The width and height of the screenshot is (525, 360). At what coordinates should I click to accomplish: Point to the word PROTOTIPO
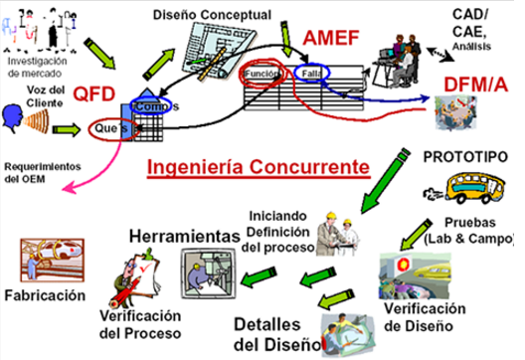coord(464,157)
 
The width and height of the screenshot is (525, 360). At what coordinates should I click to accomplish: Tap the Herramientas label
coord(178,237)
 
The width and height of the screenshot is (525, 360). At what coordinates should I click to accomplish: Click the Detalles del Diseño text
coord(277,335)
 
